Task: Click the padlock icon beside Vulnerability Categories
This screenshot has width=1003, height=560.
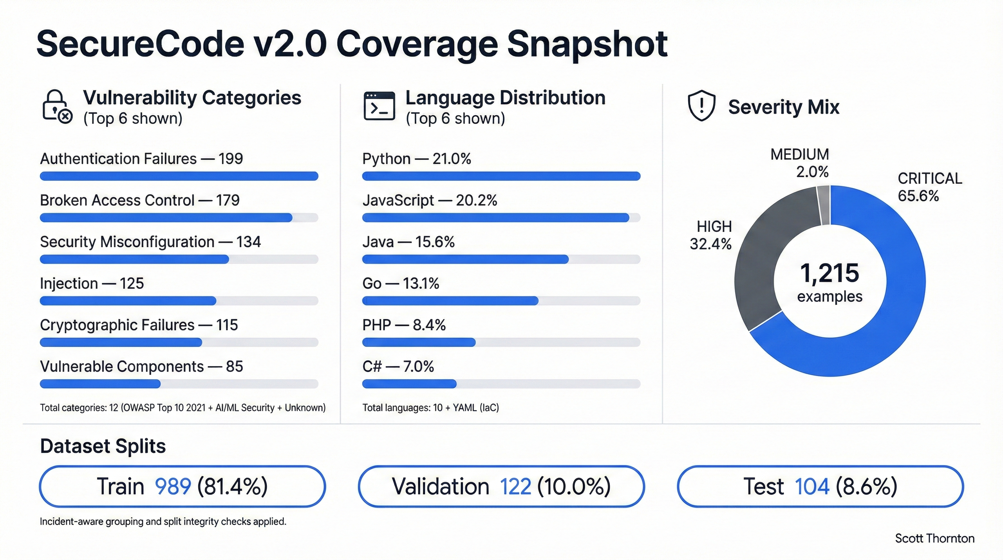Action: coord(56,106)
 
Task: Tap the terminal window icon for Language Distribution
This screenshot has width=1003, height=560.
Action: coord(379,106)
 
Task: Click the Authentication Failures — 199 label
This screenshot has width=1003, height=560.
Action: coord(141,159)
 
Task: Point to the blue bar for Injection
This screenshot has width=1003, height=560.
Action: coord(128,301)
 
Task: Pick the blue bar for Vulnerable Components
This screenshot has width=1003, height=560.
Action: coord(100,384)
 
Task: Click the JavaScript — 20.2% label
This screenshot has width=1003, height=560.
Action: coord(429,201)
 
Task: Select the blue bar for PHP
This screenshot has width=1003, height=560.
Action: coord(418,342)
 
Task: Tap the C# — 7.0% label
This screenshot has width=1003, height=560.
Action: coord(398,366)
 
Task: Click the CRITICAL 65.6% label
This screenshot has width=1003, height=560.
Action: coord(929,187)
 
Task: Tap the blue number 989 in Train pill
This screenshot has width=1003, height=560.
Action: coord(173,486)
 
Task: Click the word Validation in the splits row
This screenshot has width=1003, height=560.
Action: coord(440,486)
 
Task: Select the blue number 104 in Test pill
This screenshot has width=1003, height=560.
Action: coord(812,486)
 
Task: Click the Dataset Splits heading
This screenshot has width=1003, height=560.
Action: coord(103,446)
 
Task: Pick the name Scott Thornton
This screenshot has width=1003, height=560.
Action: coord(934,538)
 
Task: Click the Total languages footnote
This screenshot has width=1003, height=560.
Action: coord(430,408)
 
